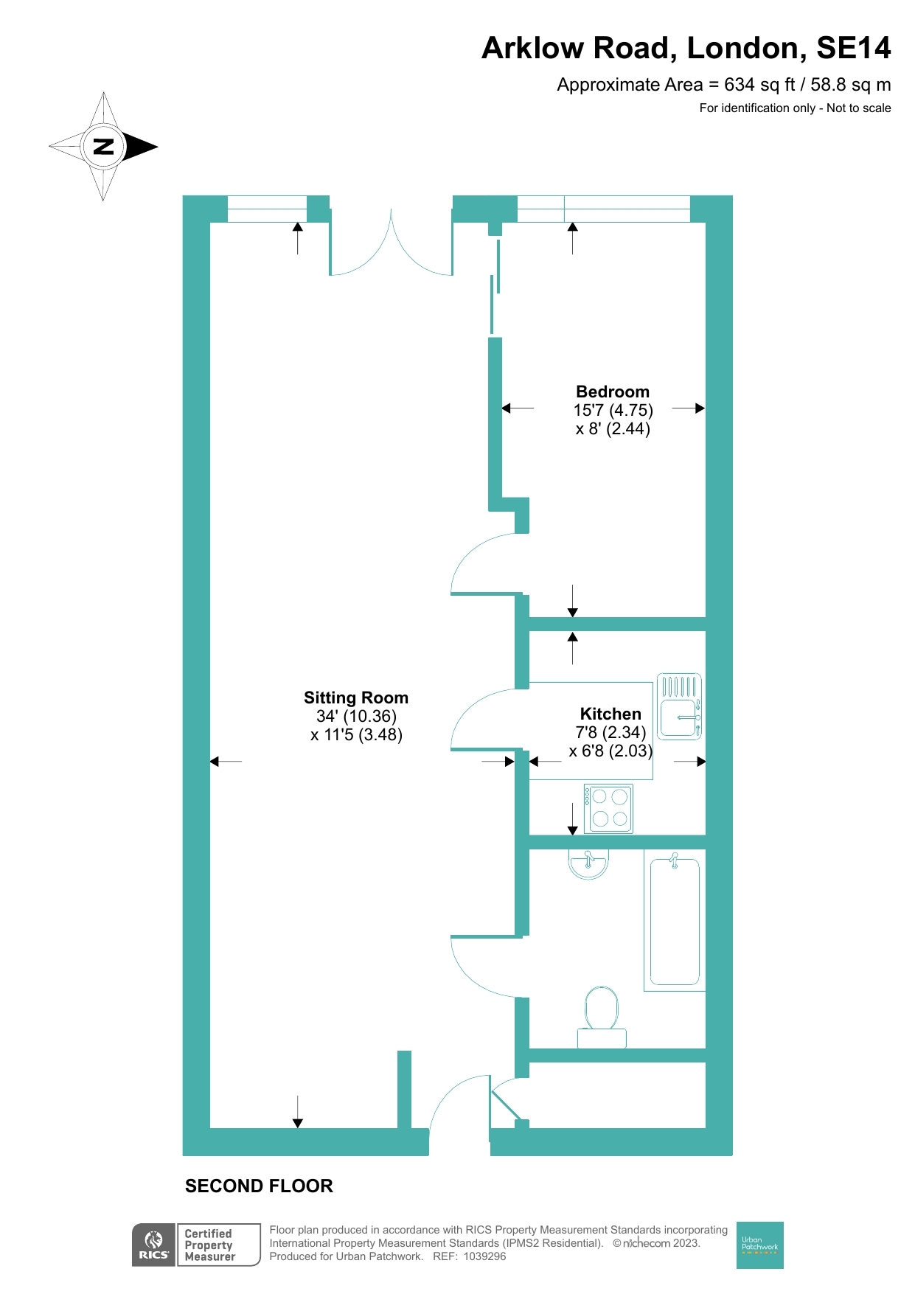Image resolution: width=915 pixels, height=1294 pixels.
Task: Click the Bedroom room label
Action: click(x=613, y=392)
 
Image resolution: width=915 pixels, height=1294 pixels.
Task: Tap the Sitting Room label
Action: click(x=356, y=698)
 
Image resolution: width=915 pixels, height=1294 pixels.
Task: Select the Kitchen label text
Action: click(x=610, y=714)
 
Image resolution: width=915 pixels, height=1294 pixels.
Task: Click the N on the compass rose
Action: click(x=103, y=146)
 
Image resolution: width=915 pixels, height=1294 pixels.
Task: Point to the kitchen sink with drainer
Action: click(x=679, y=706)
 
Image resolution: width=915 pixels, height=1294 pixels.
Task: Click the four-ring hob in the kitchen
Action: click(x=609, y=808)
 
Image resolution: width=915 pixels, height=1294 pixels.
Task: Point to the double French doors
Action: click(x=391, y=247)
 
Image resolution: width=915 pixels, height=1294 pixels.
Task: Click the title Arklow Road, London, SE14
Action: click(x=686, y=48)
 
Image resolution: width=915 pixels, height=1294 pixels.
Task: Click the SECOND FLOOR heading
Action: click(x=259, y=1186)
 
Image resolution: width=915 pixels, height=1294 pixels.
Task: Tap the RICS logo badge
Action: click(x=154, y=1245)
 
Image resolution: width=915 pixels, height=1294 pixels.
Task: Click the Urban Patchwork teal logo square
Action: click(x=759, y=1245)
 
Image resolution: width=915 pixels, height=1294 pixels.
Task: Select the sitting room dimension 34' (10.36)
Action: click(x=356, y=716)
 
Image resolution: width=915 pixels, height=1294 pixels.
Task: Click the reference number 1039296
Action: click(x=484, y=1256)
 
